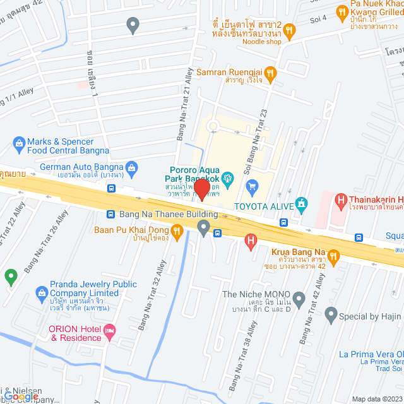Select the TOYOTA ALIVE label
(x=264, y=206)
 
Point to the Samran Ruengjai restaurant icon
(x=271, y=73)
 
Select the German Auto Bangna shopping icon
(x=131, y=167)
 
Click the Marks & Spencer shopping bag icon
(x=18, y=144)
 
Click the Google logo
(x=19, y=396)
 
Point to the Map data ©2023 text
(x=376, y=399)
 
